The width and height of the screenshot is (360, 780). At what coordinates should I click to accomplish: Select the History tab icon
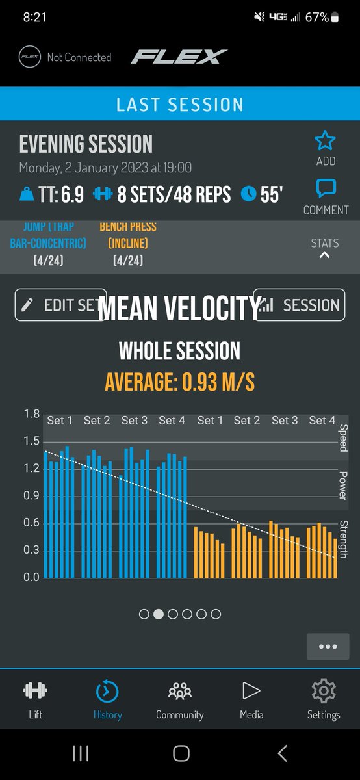pyautogui.click(x=107, y=692)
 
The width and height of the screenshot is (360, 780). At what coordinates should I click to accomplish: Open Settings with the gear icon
pyautogui.click(x=324, y=692)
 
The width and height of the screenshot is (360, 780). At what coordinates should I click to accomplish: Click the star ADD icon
pyautogui.click(x=325, y=141)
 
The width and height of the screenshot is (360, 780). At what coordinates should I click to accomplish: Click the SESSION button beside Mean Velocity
pyautogui.click(x=299, y=305)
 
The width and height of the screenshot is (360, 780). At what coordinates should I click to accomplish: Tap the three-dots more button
pyautogui.click(x=328, y=647)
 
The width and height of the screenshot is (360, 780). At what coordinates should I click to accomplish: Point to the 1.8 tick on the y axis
pyautogui.click(x=32, y=414)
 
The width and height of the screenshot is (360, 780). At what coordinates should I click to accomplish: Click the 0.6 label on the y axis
pyautogui.click(x=32, y=523)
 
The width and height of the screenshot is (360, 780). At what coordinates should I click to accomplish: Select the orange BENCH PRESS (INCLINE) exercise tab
pyautogui.click(x=128, y=244)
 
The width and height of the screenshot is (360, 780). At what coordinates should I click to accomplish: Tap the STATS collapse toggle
pyautogui.click(x=324, y=249)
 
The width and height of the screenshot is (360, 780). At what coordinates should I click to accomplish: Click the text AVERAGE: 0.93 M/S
pyautogui.click(x=180, y=382)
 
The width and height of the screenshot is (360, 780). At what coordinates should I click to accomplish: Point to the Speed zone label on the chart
pyautogui.click(x=343, y=437)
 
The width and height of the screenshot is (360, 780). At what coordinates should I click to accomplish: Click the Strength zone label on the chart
pyautogui.click(x=343, y=539)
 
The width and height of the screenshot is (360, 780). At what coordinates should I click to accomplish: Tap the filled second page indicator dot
pyautogui.click(x=159, y=614)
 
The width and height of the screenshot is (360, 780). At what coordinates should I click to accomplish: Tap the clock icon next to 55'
pyautogui.click(x=248, y=194)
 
